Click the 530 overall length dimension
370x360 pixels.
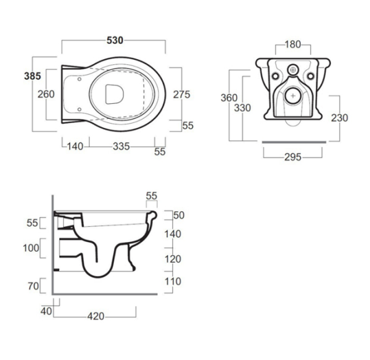[115, 40]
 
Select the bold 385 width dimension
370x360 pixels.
[32, 77]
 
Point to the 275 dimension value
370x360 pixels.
[182, 94]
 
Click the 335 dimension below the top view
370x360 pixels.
[121, 146]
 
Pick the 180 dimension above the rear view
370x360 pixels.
[294, 44]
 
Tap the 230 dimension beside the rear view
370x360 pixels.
[340, 118]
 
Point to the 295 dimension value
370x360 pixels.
[293, 157]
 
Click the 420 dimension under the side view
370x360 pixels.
[95, 316]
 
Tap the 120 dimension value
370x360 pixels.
[173, 259]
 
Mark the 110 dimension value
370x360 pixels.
[173, 282]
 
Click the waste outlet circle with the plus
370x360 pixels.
[294, 96]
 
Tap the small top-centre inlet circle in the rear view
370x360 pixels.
[294, 70]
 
